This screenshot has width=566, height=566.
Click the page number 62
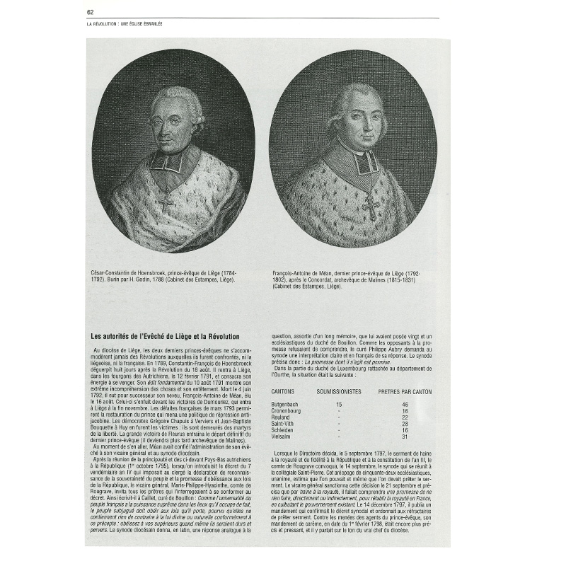(x=90, y=12)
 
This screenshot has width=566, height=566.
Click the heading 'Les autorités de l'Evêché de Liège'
(x=166, y=337)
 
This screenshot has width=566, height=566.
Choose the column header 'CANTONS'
(x=284, y=391)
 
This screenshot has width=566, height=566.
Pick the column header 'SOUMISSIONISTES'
(x=339, y=391)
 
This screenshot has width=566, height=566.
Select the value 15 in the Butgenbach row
(x=339, y=403)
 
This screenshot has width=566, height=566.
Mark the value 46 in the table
(x=405, y=403)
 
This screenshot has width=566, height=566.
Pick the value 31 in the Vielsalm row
(x=405, y=437)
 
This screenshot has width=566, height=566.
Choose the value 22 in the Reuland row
(x=405, y=417)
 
